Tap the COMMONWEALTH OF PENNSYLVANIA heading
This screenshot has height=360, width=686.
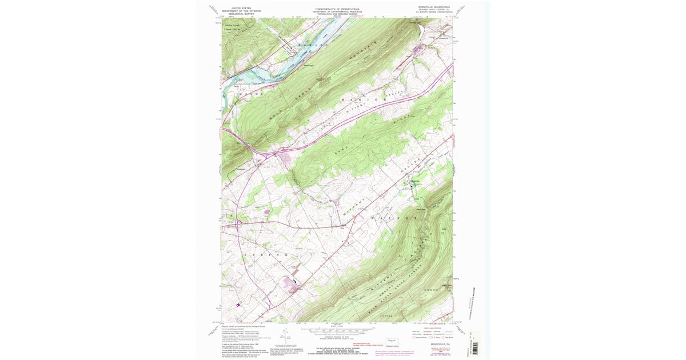(x=337, y=9)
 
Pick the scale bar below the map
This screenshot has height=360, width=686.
(x=337, y=330)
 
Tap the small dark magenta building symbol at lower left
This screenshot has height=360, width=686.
(x=238, y=305)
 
